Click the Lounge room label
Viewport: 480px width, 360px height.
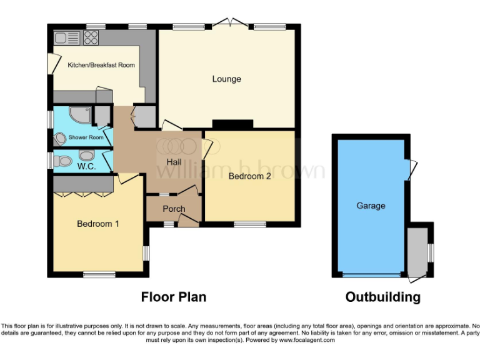[x=226, y=79]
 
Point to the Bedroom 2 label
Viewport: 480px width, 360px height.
[x=249, y=176]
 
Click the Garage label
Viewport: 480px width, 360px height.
[x=371, y=206]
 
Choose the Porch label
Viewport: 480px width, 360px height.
[x=174, y=209]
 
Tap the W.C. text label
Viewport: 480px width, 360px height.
[x=86, y=167]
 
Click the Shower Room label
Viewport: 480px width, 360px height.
[x=86, y=137]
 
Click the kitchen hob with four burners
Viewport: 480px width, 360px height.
[x=91, y=38]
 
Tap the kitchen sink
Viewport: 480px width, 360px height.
[x=66, y=38]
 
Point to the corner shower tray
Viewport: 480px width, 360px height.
[x=79, y=117]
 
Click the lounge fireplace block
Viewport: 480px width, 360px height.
[x=232, y=124]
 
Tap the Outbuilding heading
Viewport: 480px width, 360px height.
[x=382, y=297]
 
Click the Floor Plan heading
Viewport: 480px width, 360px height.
[x=174, y=297]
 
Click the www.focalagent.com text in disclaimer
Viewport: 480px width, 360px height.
[x=306, y=341]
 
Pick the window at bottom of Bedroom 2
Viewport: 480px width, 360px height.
[x=249, y=224]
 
